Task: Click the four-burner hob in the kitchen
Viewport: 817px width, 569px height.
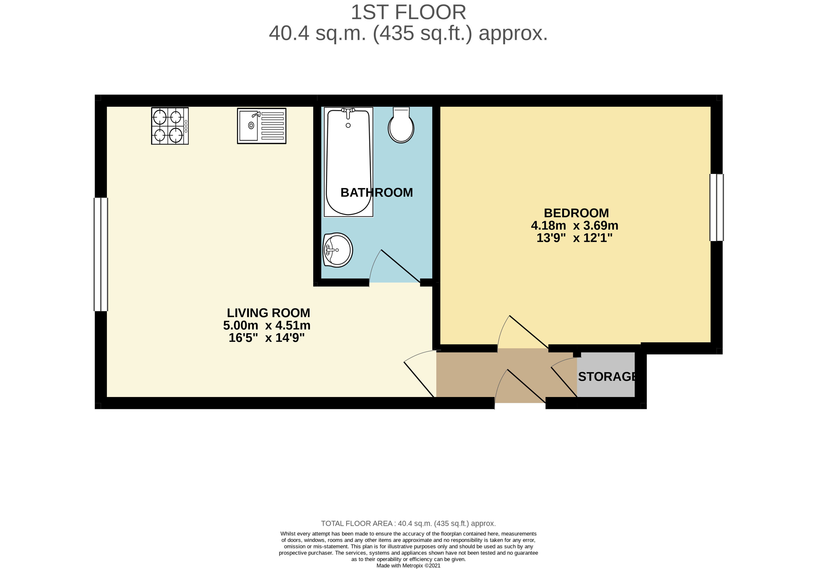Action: [170, 126]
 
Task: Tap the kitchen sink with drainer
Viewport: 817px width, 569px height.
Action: [262, 126]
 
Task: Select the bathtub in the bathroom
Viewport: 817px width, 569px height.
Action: [348, 162]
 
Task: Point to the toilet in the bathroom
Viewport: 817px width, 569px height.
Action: [401, 125]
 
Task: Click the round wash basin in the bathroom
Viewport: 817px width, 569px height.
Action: [337, 250]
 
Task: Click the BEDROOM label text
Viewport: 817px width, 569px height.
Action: [576, 213]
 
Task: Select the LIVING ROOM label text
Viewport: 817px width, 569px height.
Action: [269, 313]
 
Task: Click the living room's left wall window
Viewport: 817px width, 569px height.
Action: [101, 254]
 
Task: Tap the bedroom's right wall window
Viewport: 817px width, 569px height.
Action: [717, 208]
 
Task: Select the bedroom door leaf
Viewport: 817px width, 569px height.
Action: [529, 332]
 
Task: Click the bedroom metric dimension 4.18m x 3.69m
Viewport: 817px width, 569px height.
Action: [575, 226]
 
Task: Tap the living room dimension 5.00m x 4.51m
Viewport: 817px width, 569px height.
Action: [267, 325]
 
